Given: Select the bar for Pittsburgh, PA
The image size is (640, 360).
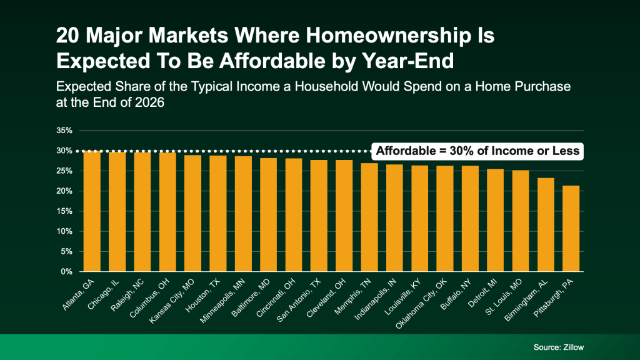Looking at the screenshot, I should point(571,228).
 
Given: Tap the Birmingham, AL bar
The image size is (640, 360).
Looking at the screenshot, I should point(546,224).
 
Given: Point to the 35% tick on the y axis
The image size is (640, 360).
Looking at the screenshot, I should point(65,131).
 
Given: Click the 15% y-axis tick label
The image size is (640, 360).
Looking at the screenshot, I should point(65,211).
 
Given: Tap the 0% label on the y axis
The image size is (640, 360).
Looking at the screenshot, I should point(67,272).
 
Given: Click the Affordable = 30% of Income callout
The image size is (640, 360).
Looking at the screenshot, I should point(477,151).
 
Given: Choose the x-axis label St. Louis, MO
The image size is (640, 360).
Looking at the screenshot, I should point(509,293).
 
